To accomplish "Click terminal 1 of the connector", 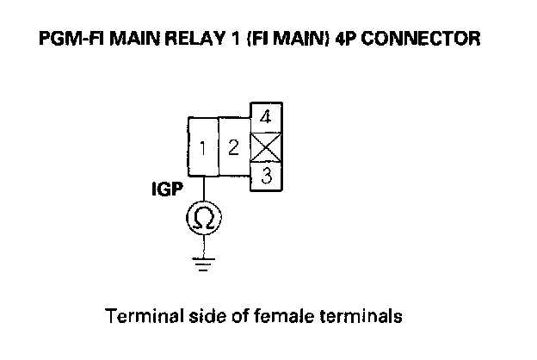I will [x=203, y=147].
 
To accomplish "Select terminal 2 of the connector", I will [x=232, y=146].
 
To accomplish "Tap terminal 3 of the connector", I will [x=267, y=177].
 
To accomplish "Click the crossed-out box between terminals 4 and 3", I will [x=266, y=147].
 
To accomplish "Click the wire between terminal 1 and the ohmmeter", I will [x=203, y=190].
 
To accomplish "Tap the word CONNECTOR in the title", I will [x=432, y=40].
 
